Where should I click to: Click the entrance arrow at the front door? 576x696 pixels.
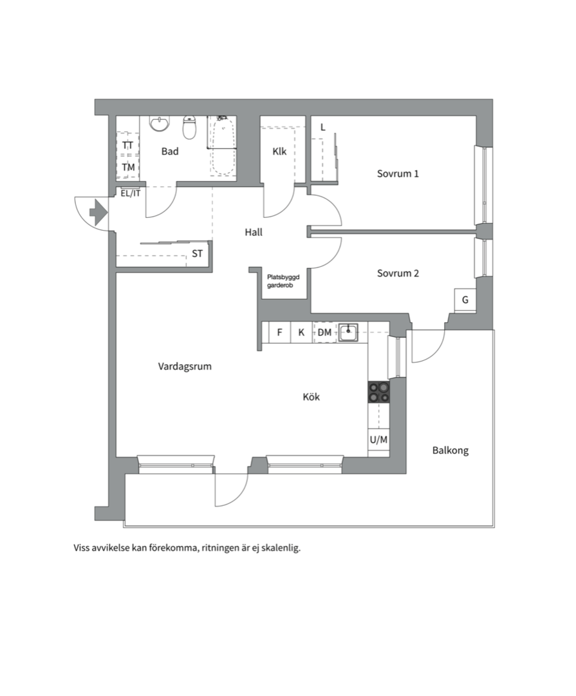[98, 213]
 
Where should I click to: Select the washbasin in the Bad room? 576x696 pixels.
[160, 123]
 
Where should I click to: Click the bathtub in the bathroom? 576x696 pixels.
[221, 146]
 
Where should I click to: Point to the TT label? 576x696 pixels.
[127, 145]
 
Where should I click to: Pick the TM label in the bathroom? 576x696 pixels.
[128, 168]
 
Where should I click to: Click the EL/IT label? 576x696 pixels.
[131, 193]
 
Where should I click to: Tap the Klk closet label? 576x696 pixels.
[279, 151]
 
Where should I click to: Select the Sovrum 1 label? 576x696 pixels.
[398, 173]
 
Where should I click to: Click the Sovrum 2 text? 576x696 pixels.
[398, 273]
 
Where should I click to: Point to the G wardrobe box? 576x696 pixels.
[465, 300]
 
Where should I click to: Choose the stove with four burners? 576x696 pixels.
[378, 392]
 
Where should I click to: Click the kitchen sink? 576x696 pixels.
[349, 332]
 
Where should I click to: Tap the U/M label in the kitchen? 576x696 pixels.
[378, 440]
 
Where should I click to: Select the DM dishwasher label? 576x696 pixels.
[324, 332]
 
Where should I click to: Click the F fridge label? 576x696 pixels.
[279, 332]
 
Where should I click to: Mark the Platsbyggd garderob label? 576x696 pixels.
[283, 281]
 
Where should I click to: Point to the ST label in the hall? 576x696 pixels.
[198, 253]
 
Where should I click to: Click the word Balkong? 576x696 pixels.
[451, 450]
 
